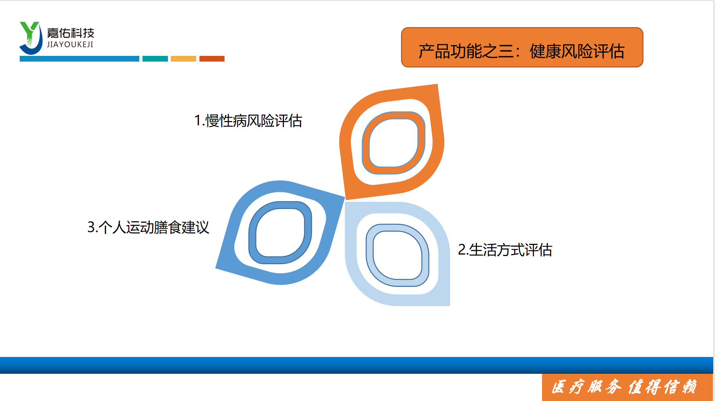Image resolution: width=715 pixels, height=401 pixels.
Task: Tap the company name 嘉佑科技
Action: [71, 33]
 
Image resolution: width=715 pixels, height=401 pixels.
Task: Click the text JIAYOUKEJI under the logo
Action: [70, 44]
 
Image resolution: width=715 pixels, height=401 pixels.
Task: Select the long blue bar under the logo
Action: [79, 59]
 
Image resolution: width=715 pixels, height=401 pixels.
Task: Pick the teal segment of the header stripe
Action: [155, 59]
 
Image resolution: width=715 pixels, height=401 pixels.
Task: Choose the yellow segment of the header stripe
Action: [183, 59]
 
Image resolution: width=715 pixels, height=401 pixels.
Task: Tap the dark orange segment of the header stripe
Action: [212, 59]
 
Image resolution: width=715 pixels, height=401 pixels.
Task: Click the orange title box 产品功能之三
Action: [522, 47]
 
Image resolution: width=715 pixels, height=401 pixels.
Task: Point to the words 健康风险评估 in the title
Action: [577, 51]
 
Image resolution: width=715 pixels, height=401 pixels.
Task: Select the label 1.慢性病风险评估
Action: [248, 121]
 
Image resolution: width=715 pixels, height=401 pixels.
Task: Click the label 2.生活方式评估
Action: [505, 250]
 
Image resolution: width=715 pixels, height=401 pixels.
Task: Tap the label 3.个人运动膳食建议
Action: [148, 227]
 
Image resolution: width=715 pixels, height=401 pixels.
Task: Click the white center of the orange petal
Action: [393, 143]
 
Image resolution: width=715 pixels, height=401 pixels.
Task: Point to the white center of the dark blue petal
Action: [280, 233]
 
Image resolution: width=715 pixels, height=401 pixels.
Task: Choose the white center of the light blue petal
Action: [397, 255]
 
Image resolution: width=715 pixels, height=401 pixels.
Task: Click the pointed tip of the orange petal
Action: [437, 84]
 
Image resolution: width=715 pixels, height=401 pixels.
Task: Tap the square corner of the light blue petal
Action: [449, 305]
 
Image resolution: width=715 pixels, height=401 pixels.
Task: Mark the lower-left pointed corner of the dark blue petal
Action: [216, 268]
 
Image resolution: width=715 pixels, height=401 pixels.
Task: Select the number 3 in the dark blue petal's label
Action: [91, 227]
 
